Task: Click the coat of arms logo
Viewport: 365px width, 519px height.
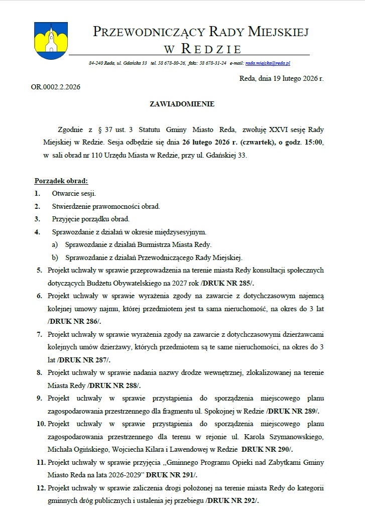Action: point(48,38)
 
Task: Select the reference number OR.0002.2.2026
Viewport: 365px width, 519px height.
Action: point(55,87)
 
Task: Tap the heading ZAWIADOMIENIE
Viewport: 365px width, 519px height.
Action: point(182,104)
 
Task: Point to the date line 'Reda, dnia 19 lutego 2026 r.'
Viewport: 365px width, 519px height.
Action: point(282,78)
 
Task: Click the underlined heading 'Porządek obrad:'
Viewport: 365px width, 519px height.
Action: point(61,181)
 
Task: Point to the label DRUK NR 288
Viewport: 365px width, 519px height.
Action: point(114,385)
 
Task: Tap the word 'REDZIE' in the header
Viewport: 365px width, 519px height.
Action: point(211,49)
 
